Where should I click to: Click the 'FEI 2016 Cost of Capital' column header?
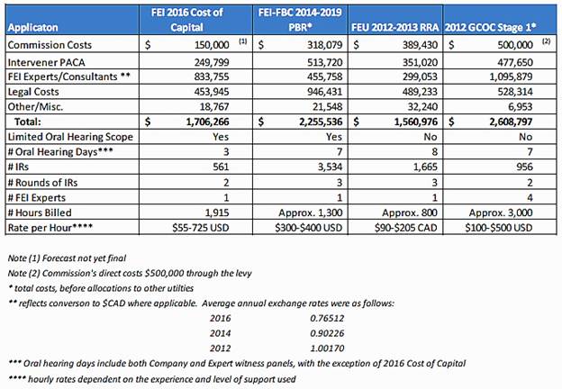pos(186,20)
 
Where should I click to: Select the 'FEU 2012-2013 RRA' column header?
pos(395,28)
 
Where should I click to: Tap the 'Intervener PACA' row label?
pos(46,62)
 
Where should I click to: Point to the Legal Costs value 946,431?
pos(325,92)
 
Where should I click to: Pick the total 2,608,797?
pos(511,122)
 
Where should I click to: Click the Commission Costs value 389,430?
pos(420,45)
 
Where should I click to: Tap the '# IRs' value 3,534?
pos(330,167)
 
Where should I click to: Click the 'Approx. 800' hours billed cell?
pos(410,213)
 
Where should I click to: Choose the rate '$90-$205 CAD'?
pos(405,228)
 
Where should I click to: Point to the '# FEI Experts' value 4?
pos(530,198)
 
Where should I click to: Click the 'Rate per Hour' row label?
pos(50,228)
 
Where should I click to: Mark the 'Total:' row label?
pos(28,122)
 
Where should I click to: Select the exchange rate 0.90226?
pos(327,333)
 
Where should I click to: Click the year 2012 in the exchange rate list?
pos(221,348)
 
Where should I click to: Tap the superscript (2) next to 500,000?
pos(546,41)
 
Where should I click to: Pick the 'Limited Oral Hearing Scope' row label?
pos(70,137)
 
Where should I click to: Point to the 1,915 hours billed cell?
pos(217,213)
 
